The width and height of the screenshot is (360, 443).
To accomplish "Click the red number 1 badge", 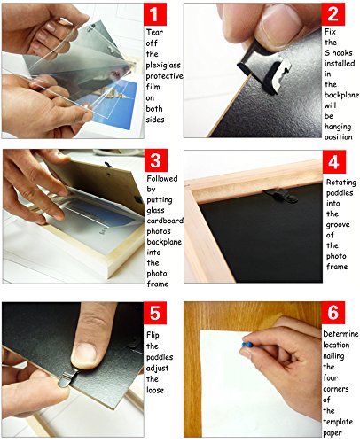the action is click(155, 14).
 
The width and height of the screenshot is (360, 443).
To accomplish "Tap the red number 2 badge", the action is click(333, 14).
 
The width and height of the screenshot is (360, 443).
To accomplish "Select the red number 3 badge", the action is click(156, 160).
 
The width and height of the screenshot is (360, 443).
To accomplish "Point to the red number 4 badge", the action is click(334, 161).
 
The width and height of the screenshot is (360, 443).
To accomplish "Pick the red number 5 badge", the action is click(155, 313).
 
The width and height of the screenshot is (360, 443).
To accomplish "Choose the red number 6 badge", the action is click(333, 313).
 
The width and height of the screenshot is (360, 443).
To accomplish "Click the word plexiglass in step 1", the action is click(163, 66).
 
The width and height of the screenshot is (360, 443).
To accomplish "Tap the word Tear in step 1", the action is click(154, 32).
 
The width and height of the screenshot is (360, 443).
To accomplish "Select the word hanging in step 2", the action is click(338, 127).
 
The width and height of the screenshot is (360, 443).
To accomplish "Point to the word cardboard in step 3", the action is click(165, 221).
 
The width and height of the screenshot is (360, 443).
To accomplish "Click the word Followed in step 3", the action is click(162, 178).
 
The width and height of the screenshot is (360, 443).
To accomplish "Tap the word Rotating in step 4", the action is click(341, 183).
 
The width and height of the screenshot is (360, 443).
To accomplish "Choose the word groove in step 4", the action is click(338, 225).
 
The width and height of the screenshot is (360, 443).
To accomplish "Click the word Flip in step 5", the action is click(153, 335).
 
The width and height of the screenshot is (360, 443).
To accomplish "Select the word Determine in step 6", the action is click(340, 334).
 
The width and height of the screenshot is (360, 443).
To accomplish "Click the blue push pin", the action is click(247, 345).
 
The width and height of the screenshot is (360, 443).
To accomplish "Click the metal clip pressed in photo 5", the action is click(68, 377).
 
